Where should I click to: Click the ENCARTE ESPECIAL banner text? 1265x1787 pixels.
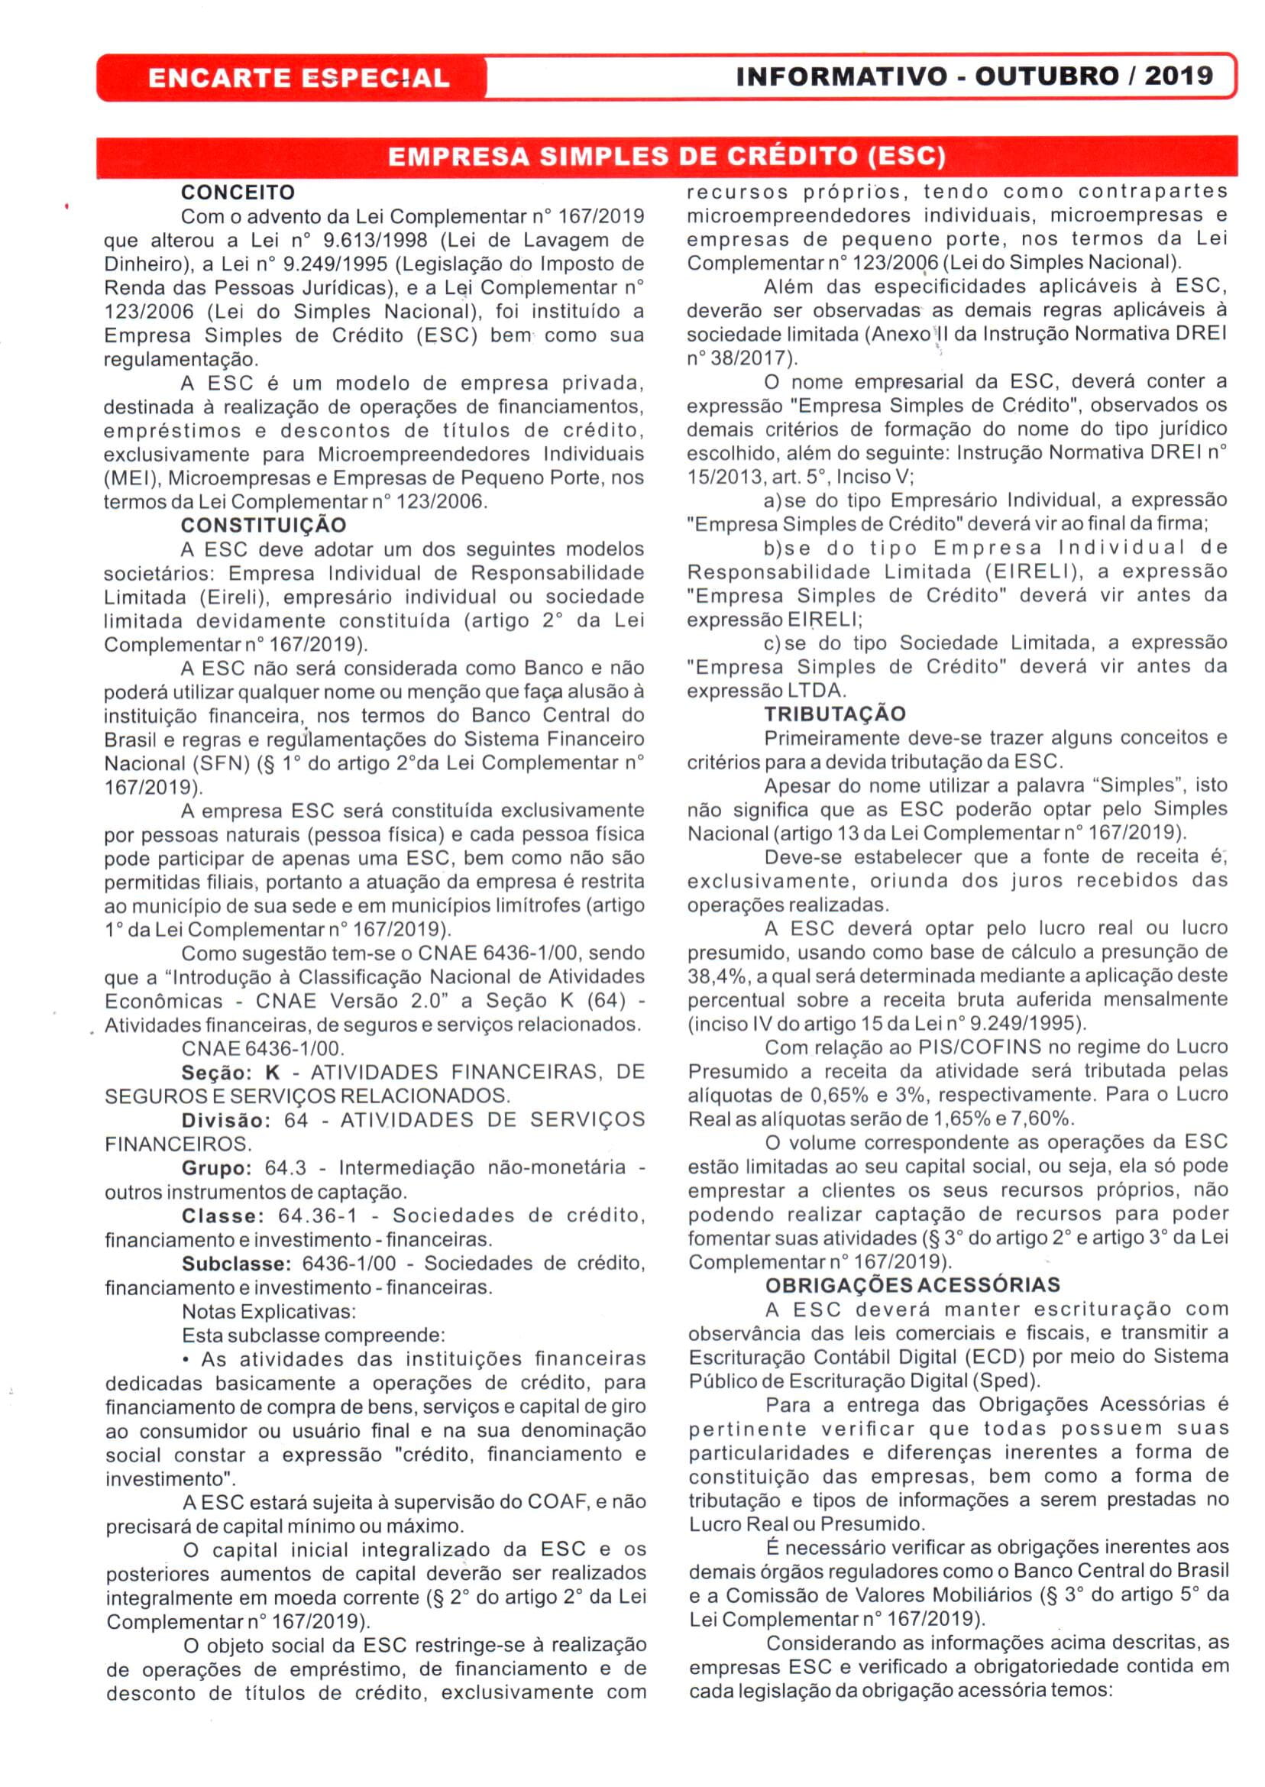coord(299,78)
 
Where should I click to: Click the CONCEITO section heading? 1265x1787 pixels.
coord(238,193)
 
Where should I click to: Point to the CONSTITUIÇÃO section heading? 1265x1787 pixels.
coord(264,525)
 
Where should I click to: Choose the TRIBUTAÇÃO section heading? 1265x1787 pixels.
coord(835,714)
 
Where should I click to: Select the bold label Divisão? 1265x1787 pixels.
coord(226,1120)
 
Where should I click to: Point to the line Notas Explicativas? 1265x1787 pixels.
coord(269,1311)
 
